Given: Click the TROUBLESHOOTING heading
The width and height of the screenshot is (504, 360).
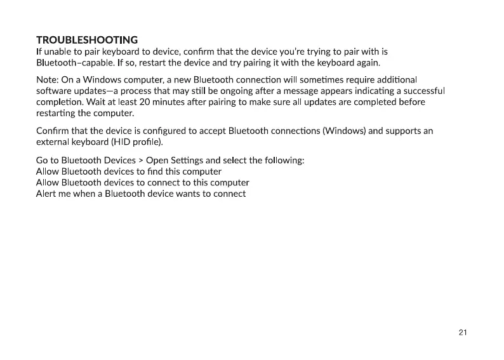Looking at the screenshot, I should point(87,40).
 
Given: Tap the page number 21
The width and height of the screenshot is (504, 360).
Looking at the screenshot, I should point(462,332).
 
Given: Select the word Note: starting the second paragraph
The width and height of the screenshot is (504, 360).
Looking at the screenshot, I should point(48,79).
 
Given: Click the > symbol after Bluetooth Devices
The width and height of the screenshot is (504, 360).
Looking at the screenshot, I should point(140,160).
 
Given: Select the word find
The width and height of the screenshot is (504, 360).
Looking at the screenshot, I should point(152,171).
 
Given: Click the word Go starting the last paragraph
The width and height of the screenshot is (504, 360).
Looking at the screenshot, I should point(43,160).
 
